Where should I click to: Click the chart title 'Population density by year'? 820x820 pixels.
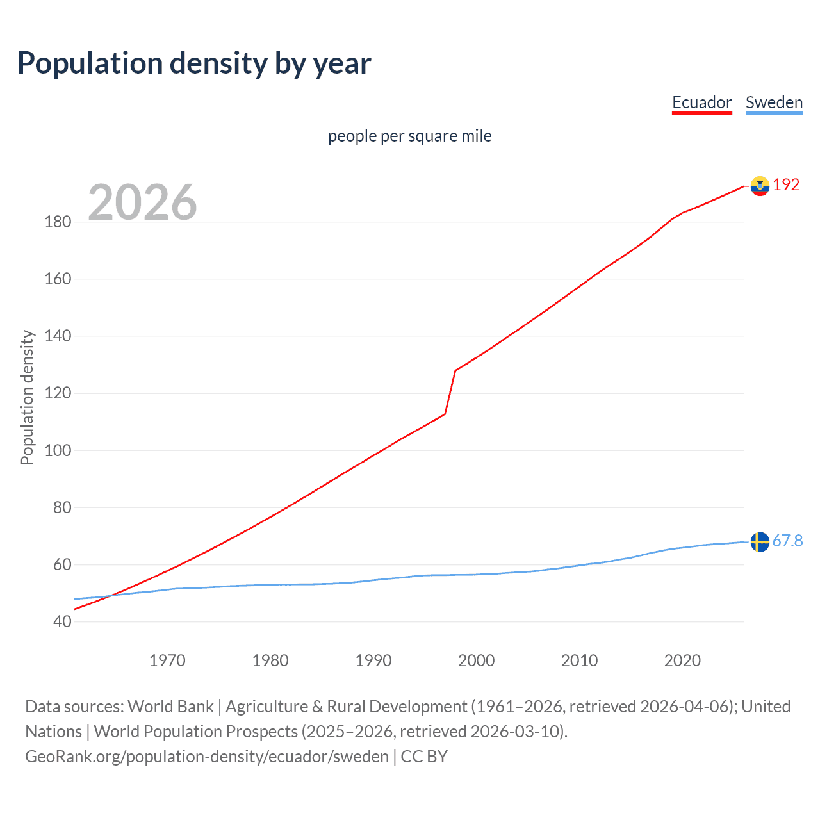[194, 63]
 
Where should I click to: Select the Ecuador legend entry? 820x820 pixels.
[701, 102]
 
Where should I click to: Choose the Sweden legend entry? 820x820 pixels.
[774, 102]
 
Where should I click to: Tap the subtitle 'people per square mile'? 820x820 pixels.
[409, 136]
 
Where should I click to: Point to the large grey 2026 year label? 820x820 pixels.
[142, 202]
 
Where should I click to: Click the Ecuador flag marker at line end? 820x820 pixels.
[760, 186]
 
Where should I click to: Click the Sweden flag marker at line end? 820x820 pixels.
[760, 542]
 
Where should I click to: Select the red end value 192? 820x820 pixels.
[786, 184]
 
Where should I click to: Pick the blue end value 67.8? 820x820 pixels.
[787, 541]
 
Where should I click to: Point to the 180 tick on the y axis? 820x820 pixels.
[58, 222]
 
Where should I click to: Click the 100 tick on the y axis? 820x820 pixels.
[58, 450]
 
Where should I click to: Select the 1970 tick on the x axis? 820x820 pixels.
[167, 660]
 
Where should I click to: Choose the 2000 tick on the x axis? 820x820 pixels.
[476, 660]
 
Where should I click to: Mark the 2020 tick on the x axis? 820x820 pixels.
[682, 660]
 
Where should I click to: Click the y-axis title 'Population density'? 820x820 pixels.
[27, 397]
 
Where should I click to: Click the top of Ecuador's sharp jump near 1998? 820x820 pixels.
[455, 370]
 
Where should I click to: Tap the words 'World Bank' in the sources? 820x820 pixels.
[170, 707]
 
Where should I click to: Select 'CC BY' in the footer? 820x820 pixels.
[424, 757]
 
